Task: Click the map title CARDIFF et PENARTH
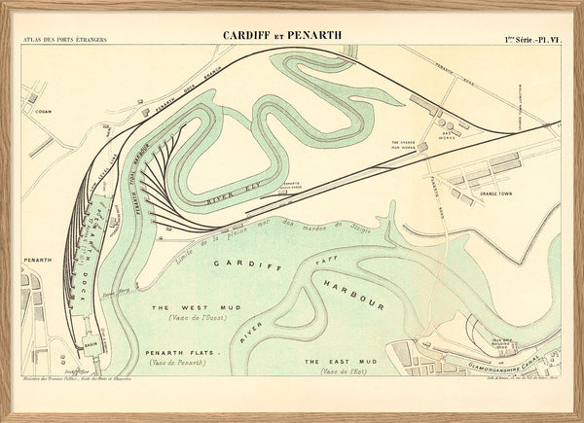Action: point(282,36)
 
